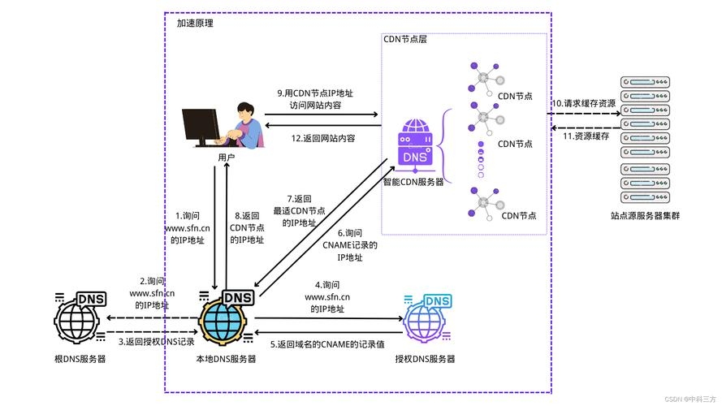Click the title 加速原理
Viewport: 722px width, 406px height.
[195, 24]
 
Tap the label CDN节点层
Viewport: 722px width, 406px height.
[404, 39]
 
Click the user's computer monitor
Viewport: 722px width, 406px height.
[201, 125]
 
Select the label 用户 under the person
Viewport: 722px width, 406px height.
[227, 157]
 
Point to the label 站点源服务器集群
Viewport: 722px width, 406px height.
[645, 216]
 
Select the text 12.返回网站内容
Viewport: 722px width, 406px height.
[323, 138]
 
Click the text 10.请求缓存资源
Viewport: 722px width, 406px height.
[584, 104]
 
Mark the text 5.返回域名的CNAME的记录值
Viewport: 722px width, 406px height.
[326, 345]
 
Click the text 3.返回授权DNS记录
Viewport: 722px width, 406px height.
[157, 341]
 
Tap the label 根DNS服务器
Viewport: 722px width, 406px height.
[80, 359]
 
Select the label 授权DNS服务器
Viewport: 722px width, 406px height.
[425, 359]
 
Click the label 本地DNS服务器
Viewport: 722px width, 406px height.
[226, 359]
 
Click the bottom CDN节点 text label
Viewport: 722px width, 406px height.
[520, 215]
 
